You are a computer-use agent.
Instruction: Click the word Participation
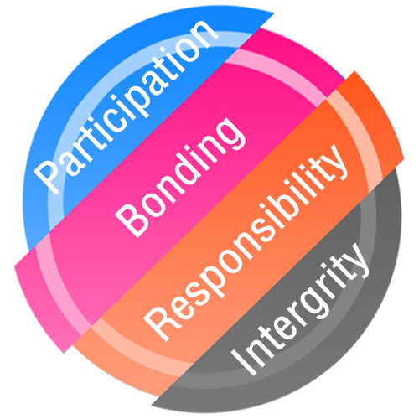(x=126, y=106)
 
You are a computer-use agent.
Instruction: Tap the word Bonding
(x=181, y=177)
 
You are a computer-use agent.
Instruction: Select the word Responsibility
(x=246, y=242)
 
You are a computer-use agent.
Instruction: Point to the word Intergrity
(x=299, y=309)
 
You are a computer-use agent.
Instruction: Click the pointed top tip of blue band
(x=274, y=13)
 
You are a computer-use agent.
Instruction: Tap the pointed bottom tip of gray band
(x=152, y=406)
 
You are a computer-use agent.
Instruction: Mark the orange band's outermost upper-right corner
(x=354, y=71)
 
